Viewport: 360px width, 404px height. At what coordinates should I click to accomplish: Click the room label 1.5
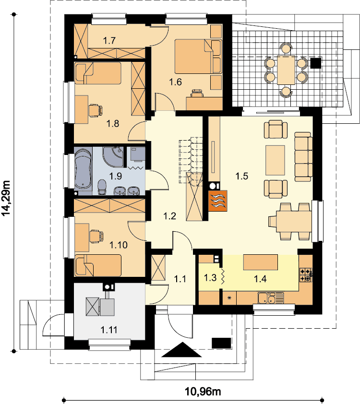click(x=242, y=176)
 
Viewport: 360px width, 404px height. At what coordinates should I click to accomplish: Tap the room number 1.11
click(x=109, y=330)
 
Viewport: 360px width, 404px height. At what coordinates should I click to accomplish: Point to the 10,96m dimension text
click(x=203, y=392)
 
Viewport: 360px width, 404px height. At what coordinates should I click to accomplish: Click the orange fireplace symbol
click(x=218, y=201)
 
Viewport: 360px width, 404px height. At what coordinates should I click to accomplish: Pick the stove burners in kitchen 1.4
click(x=306, y=274)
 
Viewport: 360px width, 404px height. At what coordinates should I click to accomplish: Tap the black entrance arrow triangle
click(x=181, y=350)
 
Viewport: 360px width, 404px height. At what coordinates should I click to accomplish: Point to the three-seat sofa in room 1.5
click(x=303, y=157)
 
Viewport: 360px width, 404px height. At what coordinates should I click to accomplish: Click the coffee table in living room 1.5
click(x=275, y=160)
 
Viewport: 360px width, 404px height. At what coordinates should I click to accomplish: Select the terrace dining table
click(x=286, y=70)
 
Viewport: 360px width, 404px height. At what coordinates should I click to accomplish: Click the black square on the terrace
click(x=315, y=63)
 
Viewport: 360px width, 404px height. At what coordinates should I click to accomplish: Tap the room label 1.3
click(x=210, y=277)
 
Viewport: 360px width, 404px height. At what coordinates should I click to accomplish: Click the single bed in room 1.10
click(x=98, y=265)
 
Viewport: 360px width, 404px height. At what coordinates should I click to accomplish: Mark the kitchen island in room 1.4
click(x=261, y=262)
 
